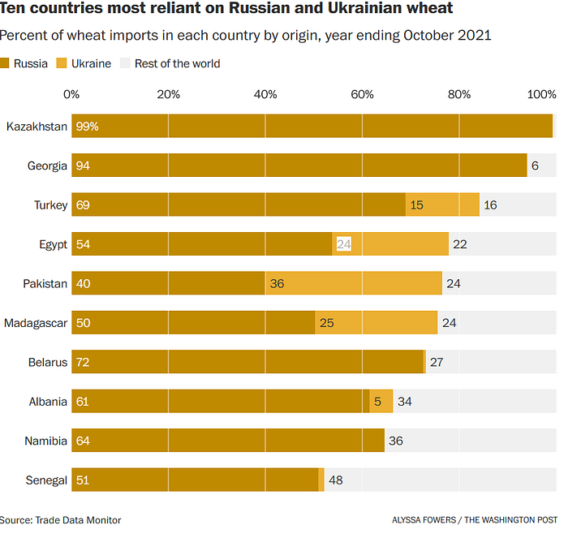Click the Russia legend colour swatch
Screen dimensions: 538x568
[x=6, y=63]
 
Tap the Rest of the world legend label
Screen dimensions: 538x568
[x=177, y=63]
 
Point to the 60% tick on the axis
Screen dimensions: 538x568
[x=362, y=95]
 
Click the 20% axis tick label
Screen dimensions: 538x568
[x=168, y=95]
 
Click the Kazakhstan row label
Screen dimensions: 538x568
[x=37, y=127]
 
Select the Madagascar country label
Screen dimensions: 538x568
[x=36, y=323]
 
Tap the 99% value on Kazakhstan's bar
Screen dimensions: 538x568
[x=87, y=127]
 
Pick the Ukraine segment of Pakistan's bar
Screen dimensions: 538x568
[x=354, y=283]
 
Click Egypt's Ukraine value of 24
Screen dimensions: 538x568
[x=343, y=244]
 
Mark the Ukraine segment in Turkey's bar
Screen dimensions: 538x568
[x=442, y=205]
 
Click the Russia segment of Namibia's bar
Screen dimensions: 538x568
[x=227, y=441]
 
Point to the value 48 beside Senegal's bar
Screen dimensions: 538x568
[x=335, y=480]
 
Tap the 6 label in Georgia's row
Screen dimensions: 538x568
[x=535, y=166]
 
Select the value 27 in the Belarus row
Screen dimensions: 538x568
[x=436, y=362]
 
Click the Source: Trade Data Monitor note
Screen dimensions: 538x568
[x=61, y=520]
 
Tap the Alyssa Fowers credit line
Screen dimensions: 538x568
[x=475, y=520]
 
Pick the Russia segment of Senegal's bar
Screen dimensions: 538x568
[x=195, y=480]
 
